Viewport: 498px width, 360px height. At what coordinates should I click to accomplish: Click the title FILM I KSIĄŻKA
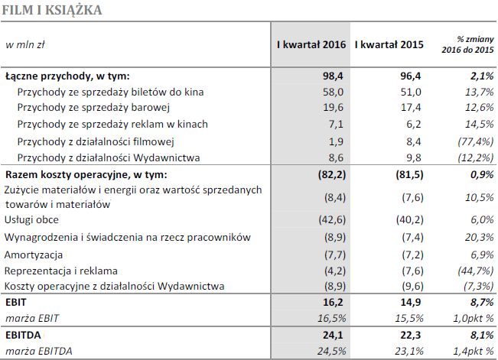[x=52, y=10]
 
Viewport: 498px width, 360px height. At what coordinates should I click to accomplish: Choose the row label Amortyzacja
[x=34, y=254]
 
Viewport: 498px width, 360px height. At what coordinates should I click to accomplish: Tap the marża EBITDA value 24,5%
[x=333, y=350]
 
